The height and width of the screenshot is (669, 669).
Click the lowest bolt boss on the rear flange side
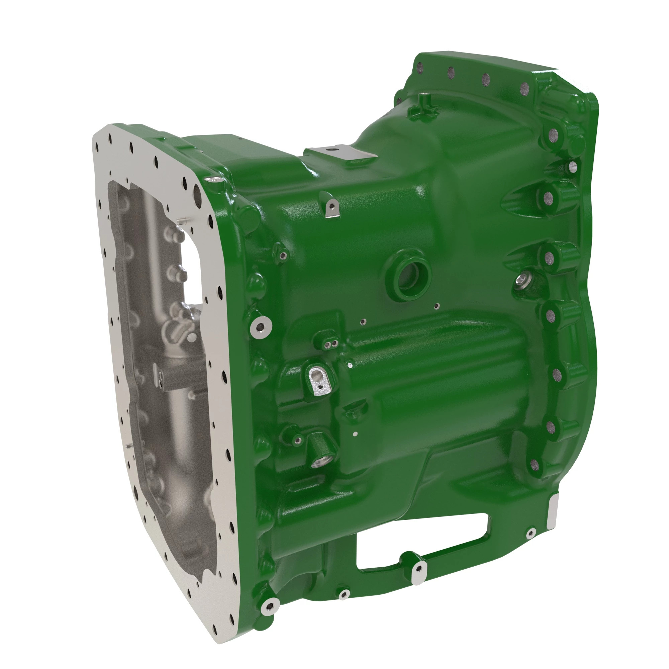point(535,465)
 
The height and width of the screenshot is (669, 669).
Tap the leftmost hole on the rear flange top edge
point(420,67)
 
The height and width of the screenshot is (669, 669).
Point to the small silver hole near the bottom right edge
point(531,533)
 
